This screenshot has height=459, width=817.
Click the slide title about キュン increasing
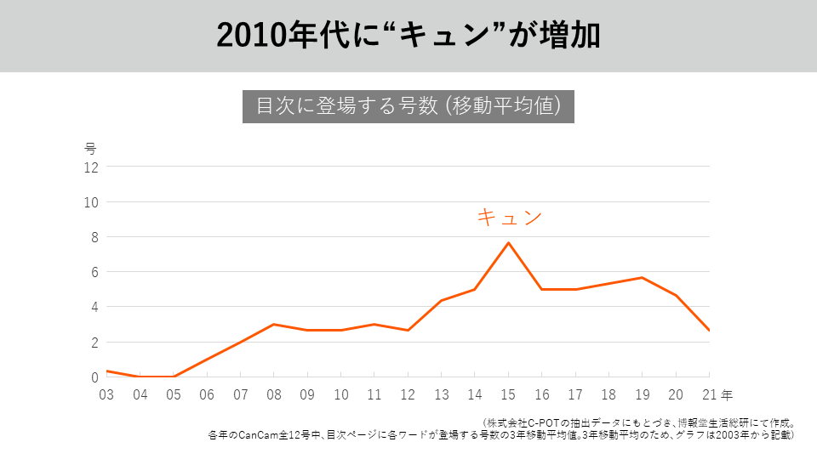[x=408, y=36]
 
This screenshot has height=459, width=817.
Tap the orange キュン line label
[x=508, y=218]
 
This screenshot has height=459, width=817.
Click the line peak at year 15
[x=508, y=243]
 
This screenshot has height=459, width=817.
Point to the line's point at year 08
[x=274, y=324]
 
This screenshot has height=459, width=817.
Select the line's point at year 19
[x=643, y=278]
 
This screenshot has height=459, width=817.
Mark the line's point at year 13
[x=442, y=300]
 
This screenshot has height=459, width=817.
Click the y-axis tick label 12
[x=90, y=167]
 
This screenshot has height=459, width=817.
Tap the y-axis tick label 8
[x=94, y=237]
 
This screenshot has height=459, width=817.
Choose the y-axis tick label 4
[x=94, y=307]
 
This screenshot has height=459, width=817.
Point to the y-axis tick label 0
[x=94, y=377]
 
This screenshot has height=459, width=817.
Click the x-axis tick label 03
[x=106, y=395]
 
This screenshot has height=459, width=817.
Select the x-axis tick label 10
[x=341, y=395]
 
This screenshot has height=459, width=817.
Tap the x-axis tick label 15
[x=508, y=395]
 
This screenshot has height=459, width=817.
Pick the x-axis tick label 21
[x=708, y=395]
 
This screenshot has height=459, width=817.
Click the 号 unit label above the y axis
[x=90, y=148]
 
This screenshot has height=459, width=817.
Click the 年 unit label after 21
[x=725, y=395]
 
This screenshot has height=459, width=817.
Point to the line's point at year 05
[x=174, y=377]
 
